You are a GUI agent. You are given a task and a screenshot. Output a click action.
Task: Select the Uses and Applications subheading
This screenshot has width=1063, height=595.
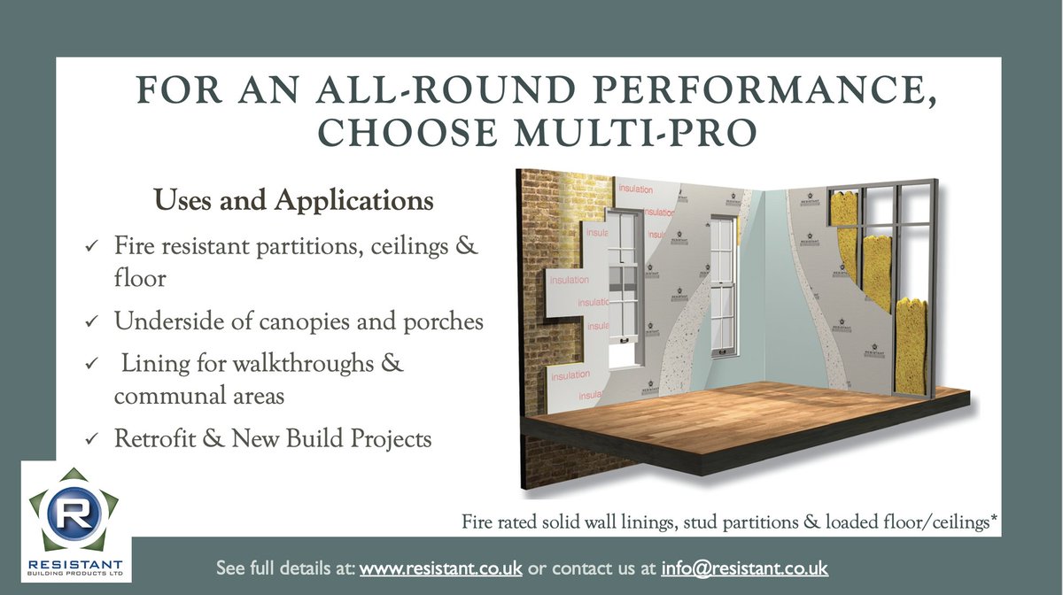click(294, 201)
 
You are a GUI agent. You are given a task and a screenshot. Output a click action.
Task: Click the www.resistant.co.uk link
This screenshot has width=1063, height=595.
click(440, 568)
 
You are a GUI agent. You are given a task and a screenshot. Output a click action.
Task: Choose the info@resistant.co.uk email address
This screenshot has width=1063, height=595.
click(744, 568)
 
